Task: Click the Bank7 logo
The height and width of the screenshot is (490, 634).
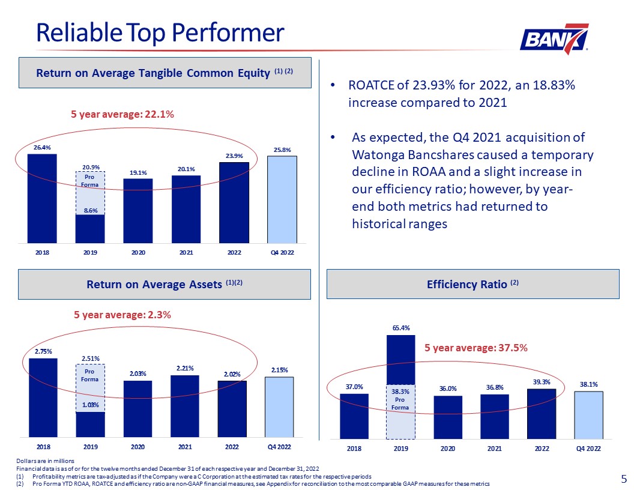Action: tap(554, 38)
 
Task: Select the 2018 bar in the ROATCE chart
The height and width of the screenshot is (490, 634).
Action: tap(42, 198)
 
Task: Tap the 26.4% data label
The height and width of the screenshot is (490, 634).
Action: tap(42, 147)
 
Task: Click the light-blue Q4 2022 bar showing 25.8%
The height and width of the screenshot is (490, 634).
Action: tap(282, 199)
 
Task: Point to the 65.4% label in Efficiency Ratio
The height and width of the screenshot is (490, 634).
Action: tap(401, 328)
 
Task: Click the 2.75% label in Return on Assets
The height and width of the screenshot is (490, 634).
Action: tap(43, 351)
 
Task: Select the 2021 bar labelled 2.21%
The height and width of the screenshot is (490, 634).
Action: tap(185, 406)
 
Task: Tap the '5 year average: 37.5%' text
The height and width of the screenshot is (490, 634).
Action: tap(476, 348)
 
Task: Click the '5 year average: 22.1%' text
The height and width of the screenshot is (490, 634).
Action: tap(122, 113)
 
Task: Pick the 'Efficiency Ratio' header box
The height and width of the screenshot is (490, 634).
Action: tap(472, 284)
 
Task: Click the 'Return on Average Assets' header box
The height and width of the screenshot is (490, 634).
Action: tap(165, 284)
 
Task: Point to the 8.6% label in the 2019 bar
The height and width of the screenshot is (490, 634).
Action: tap(90, 210)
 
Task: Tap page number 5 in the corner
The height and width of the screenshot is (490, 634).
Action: tap(624, 479)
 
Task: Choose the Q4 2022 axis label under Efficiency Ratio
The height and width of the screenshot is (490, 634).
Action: tap(588, 449)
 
